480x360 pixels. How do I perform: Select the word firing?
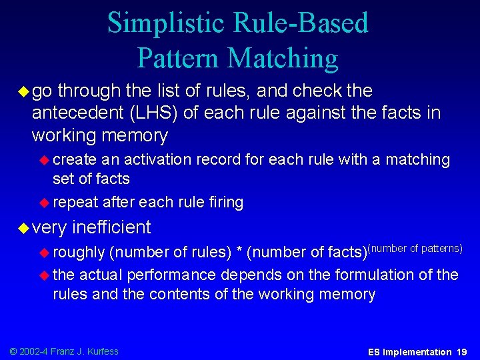point(222,202)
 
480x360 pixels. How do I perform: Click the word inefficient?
point(111,227)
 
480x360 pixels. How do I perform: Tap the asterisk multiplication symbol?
point(238,253)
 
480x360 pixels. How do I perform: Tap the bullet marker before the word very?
point(23,228)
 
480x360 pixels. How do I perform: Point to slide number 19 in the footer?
point(461,351)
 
